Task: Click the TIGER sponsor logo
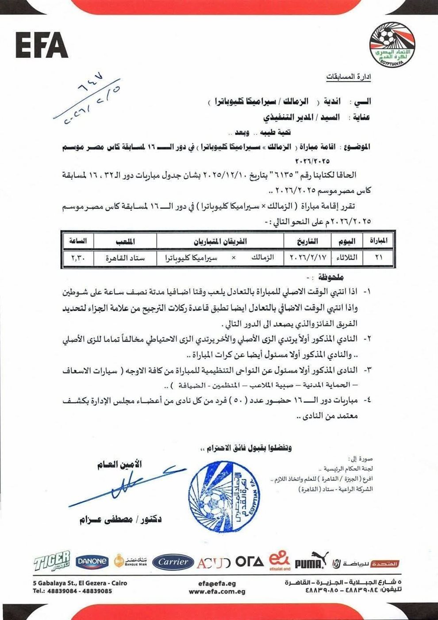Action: pos(52,562)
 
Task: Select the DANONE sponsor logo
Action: pos(92,562)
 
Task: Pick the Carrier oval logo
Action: pos(173,562)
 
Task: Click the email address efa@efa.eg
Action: pos(217,584)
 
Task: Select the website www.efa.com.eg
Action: pos(217,591)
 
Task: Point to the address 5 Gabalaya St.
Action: pos(80,583)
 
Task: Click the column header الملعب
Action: pos(125,242)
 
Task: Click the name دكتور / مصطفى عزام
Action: pos(120,519)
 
